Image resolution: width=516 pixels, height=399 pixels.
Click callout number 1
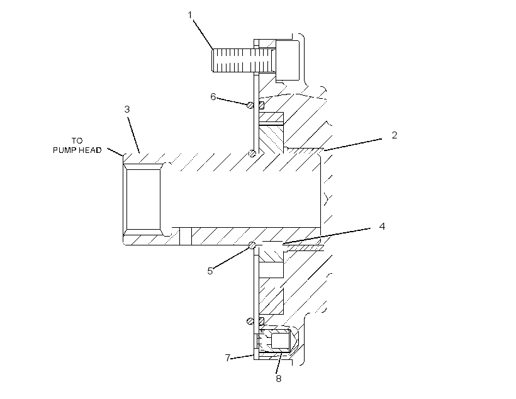tap(190, 15)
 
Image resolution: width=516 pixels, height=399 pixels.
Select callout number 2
tap(395, 135)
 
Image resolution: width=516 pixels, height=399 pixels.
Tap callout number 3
tap(127, 110)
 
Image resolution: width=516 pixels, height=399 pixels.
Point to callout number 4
tap(382, 226)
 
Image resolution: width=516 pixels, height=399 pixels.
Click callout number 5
tap(210, 271)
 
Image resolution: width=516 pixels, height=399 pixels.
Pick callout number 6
tap(213, 97)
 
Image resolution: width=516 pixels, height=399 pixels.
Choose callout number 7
tap(227, 357)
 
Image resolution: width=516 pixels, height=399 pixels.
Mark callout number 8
tap(278, 379)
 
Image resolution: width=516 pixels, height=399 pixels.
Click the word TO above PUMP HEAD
tap(77, 141)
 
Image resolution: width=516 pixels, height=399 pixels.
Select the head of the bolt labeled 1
tap(288, 60)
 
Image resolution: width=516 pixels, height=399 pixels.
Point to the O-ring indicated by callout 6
tap(250, 105)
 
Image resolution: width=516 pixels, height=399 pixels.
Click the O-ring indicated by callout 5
tap(252, 245)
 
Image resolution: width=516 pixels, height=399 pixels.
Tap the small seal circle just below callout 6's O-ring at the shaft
tap(252, 153)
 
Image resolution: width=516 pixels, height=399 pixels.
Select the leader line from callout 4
tap(327, 235)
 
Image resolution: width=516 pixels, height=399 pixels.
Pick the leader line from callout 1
tap(203, 35)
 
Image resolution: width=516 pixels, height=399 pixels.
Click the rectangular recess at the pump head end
tap(143, 199)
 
